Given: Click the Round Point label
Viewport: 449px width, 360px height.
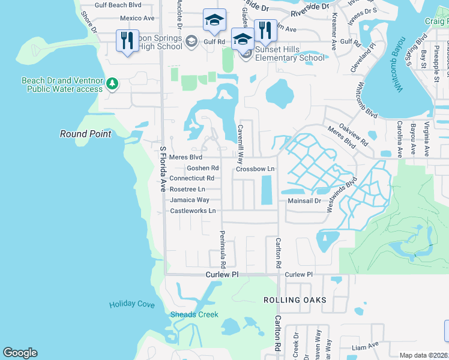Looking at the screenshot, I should pyautogui.click(x=85, y=134).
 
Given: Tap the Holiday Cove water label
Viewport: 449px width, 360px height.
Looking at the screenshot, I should pyautogui.click(x=132, y=305).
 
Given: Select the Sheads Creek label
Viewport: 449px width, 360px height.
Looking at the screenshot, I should pyautogui.click(x=194, y=314).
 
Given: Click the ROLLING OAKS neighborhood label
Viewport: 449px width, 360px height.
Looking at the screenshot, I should pyautogui.click(x=294, y=299).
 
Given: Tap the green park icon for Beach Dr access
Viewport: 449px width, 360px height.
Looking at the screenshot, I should pyautogui.click(x=112, y=85).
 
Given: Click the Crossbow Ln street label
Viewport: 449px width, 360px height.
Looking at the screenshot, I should pyautogui.click(x=255, y=169).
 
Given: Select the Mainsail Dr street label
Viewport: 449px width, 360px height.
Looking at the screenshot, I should pyautogui.click(x=304, y=201).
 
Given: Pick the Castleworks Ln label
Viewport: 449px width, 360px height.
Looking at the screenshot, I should pyautogui.click(x=193, y=211).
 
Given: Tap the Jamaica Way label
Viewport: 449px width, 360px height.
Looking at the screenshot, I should pyautogui.click(x=189, y=200).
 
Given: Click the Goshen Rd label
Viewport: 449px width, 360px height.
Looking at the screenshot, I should pyautogui.click(x=202, y=169).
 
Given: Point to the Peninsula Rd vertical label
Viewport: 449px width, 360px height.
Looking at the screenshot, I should pyautogui.click(x=222, y=249).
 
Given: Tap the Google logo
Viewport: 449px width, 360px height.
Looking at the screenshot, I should pyautogui.click(x=20, y=353).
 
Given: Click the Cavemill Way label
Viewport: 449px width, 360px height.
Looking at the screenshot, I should pyautogui.click(x=240, y=149).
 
